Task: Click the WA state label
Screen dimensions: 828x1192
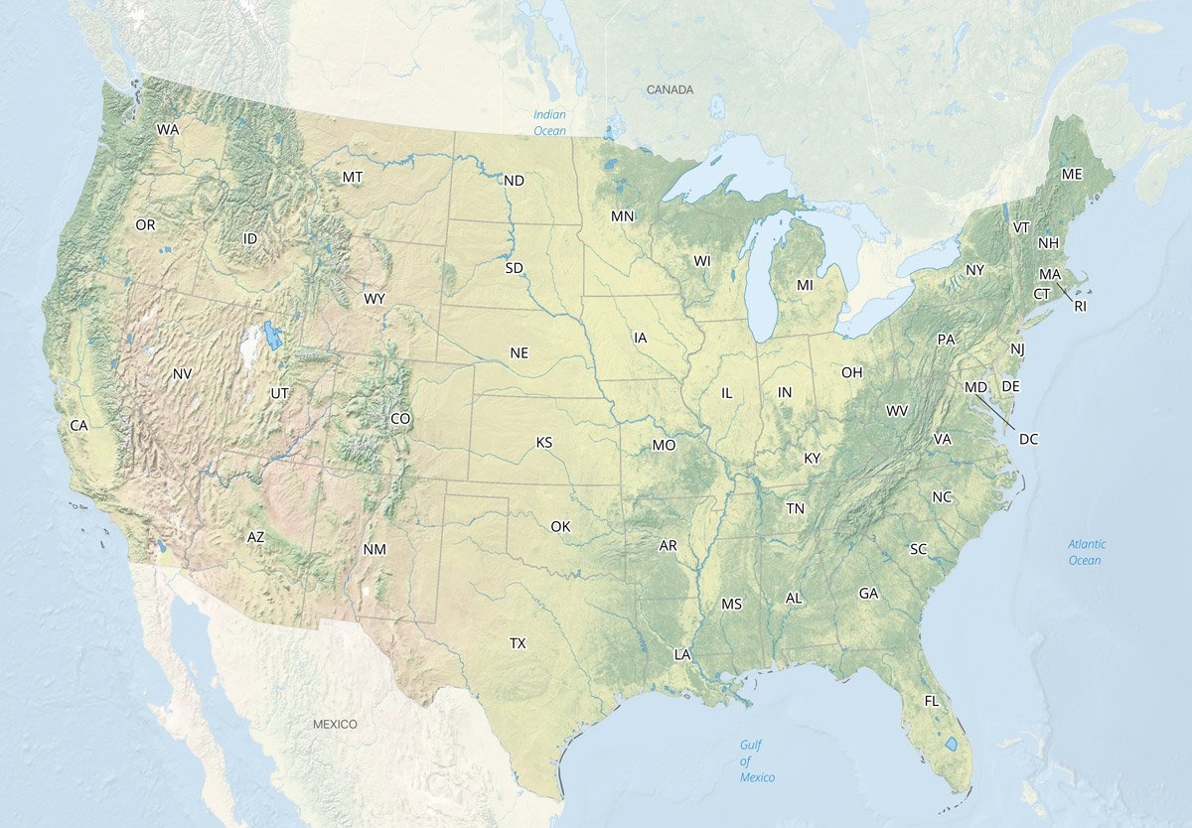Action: [167, 130]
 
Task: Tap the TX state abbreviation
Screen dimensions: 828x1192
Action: [518, 644]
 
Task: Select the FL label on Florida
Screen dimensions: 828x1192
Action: [931, 701]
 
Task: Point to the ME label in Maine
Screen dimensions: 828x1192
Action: [1071, 175]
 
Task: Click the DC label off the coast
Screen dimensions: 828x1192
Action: [1028, 439]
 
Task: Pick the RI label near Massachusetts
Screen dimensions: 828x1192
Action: [1081, 307]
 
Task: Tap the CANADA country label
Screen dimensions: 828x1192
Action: [670, 90]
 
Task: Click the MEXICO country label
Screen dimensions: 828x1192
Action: [335, 725]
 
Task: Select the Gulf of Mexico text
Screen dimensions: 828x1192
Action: [757, 760]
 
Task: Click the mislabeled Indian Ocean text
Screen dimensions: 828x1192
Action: [549, 123]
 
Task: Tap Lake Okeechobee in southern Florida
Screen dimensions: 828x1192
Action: [951, 743]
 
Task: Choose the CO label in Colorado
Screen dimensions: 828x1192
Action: [400, 419]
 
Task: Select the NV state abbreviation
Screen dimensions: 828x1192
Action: [182, 374]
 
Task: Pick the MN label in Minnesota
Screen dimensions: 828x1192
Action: [623, 216]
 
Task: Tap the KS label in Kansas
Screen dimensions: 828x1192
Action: [544, 442]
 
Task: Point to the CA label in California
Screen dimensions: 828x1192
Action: [79, 426]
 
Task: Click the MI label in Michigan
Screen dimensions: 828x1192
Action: [805, 286]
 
